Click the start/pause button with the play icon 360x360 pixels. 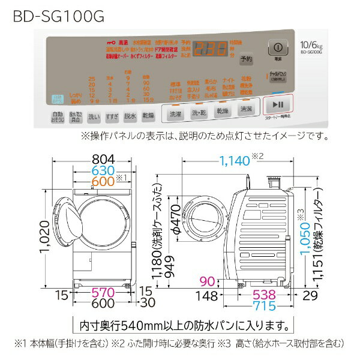point(277,103)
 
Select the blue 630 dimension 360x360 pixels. point(95,170)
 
